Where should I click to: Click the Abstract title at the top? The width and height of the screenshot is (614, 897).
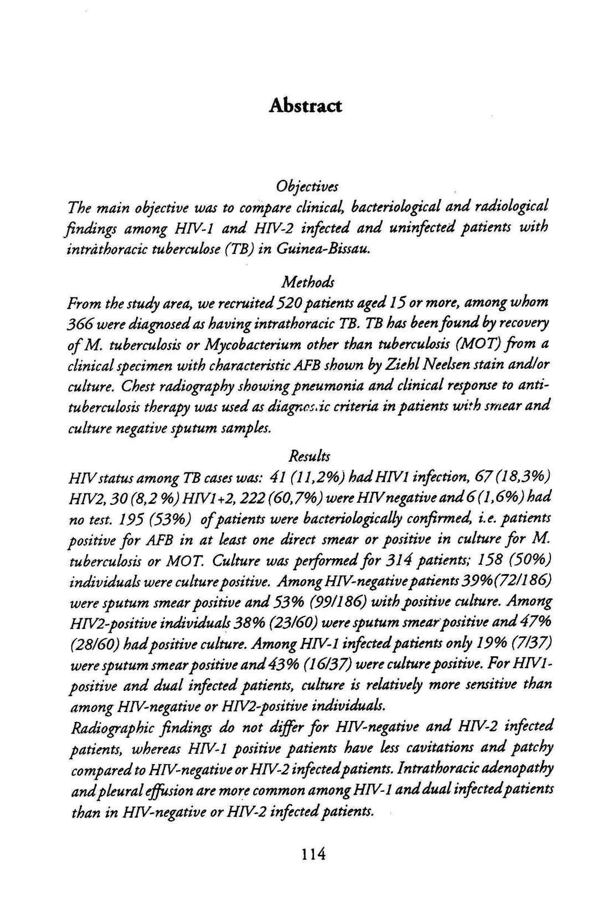tap(305, 105)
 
